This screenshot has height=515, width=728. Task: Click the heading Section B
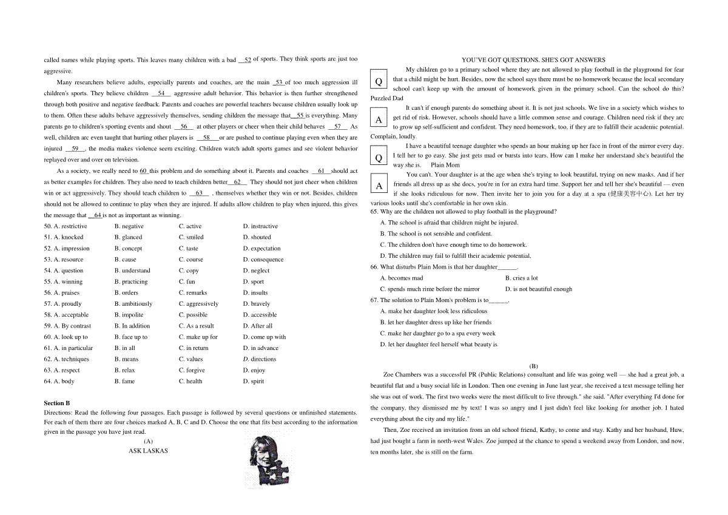(x=57, y=403)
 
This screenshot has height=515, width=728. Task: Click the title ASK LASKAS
(x=148, y=451)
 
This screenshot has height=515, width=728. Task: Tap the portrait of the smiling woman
(x=266, y=458)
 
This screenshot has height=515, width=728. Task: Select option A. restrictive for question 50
(x=70, y=226)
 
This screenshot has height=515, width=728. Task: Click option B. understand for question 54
(x=132, y=271)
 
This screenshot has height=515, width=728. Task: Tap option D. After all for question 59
(x=258, y=326)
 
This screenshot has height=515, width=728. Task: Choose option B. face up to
(x=131, y=337)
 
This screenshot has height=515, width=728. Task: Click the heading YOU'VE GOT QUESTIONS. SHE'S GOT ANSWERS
(x=533, y=60)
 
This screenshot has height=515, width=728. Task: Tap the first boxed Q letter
(x=379, y=81)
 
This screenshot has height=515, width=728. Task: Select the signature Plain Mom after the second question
(x=445, y=165)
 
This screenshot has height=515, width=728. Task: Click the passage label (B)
(x=533, y=366)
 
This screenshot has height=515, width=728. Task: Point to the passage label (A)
(x=148, y=441)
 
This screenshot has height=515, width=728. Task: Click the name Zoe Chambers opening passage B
(x=404, y=375)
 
